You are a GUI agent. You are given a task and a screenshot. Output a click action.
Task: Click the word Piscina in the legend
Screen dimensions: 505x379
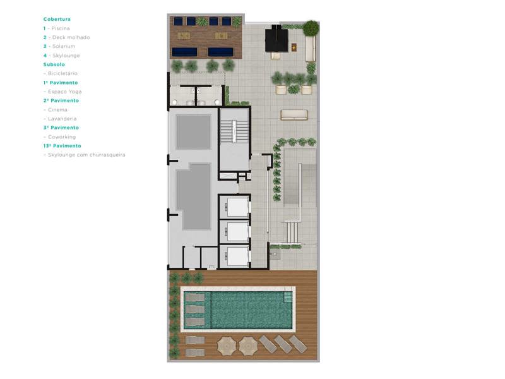click(x=61, y=28)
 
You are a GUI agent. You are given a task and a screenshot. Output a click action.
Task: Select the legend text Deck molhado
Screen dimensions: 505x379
click(x=71, y=37)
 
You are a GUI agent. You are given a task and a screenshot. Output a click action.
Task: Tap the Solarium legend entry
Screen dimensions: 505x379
click(x=64, y=46)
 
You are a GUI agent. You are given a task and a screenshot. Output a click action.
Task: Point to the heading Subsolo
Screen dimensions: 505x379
click(x=54, y=64)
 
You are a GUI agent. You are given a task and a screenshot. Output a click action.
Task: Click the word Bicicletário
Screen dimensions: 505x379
click(x=62, y=73)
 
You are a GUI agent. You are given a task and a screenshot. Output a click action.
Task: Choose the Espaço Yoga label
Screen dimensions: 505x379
click(x=65, y=92)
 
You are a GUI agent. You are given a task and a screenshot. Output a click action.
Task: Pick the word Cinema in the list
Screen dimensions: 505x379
click(x=57, y=109)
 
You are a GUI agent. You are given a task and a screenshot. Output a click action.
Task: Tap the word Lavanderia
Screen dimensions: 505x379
click(x=62, y=119)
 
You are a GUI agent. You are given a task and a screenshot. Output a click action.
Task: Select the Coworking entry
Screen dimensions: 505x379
click(x=62, y=136)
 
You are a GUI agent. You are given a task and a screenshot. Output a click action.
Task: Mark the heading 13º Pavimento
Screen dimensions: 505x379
click(x=62, y=146)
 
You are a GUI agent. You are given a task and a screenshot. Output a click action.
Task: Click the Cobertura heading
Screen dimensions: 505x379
click(x=57, y=19)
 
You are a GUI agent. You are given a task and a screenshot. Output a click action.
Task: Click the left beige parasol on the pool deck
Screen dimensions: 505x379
click(x=227, y=346)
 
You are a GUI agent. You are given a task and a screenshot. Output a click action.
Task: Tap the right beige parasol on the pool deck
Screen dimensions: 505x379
click(x=248, y=346)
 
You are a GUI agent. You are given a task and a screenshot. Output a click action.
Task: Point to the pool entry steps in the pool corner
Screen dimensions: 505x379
click(x=288, y=297)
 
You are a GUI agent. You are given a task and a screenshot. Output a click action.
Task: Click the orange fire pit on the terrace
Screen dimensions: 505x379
click(x=294, y=47)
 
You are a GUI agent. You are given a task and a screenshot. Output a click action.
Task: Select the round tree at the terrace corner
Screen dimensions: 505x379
click(x=311, y=28)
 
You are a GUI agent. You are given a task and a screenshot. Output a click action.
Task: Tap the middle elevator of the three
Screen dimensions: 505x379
click(x=237, y=232)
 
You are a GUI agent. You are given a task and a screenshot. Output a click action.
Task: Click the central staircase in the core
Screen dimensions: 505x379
click(x=234, y=131)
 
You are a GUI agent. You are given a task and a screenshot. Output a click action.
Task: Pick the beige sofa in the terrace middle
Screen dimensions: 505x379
click(x=294, y=115)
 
